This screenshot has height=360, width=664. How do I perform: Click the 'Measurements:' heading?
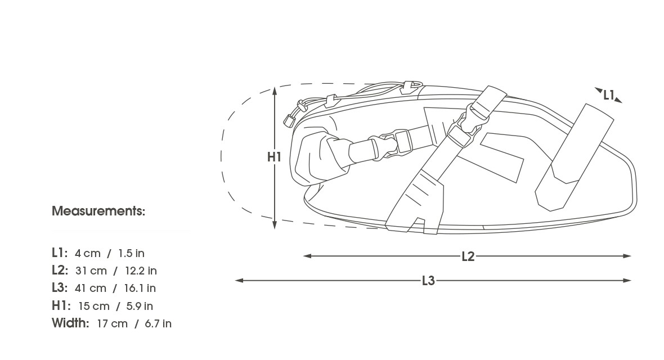tap(98, 211)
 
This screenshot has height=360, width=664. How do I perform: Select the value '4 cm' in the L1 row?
tap(88, 253)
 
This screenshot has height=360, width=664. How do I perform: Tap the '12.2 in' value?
tap(141, 271)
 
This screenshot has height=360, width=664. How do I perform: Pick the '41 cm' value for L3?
tap(90, 289)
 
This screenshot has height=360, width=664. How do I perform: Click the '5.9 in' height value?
tap(140, 306)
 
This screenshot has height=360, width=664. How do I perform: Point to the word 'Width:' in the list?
tap(70, 323)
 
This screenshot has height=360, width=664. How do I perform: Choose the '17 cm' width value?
tap(112, 324)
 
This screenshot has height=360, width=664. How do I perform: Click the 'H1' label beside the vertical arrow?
tap(274, 157)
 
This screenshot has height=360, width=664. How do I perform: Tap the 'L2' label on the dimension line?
tap(468, 256)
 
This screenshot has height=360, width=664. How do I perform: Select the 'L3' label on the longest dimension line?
tap(428, 281)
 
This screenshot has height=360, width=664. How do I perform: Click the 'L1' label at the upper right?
tap(608, 95)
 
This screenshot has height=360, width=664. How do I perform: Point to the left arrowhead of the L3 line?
tap(239, 280)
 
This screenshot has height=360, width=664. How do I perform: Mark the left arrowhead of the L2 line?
tap(307, 256)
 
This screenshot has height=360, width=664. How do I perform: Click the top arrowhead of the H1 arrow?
tap(275, 90)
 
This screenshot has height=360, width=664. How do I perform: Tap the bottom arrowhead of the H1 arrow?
tap(275, 225)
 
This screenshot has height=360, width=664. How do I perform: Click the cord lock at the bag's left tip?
tap(289, 120)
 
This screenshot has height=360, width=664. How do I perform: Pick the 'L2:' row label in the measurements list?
tap(60, 270)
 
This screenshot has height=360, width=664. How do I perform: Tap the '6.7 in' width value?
tap(158, 324)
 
